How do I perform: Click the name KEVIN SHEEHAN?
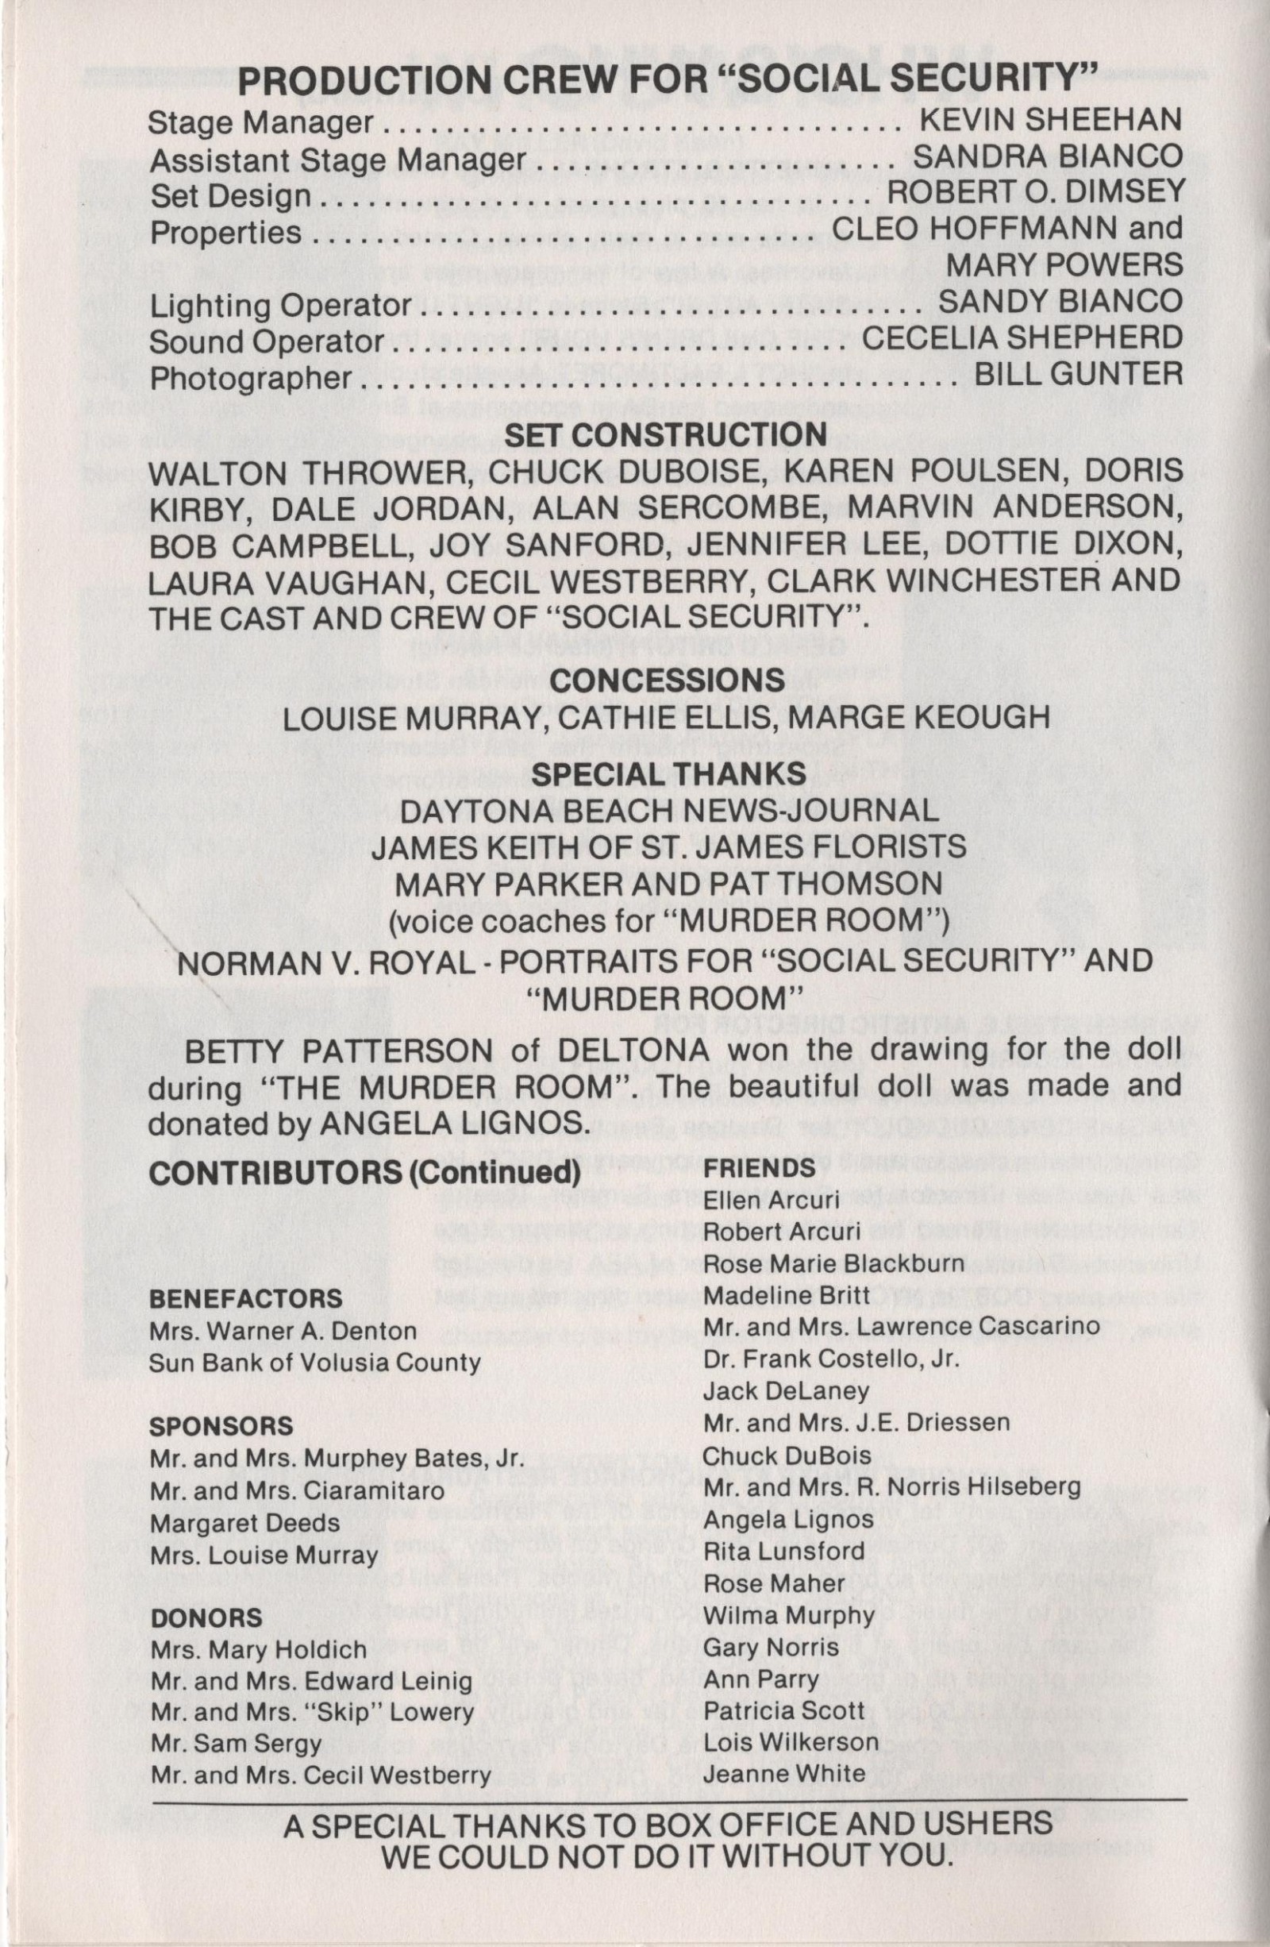coord(1051,120)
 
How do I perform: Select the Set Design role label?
coord(230,196)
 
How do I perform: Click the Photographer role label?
coord(250,379)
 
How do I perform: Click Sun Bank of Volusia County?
coord(314,1363)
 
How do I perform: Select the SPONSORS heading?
coord(221,1427)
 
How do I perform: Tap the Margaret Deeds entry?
coord(244,1522)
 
